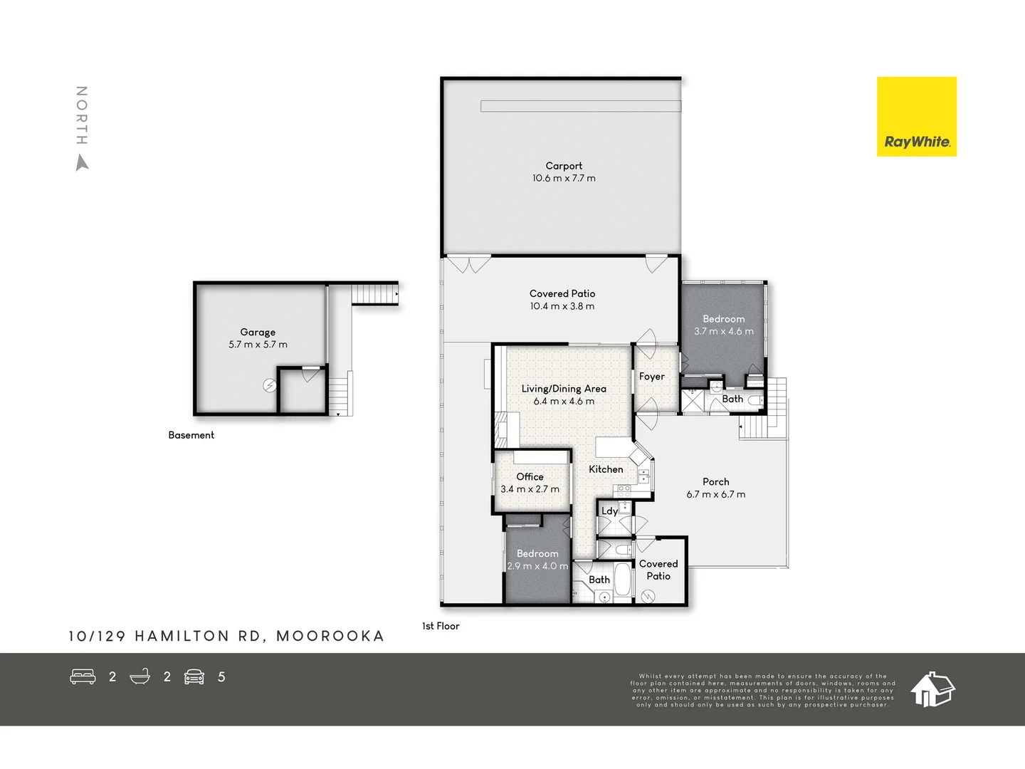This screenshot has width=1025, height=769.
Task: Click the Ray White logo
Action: (916, 116)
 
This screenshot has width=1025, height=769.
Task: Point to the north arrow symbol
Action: (82, 163)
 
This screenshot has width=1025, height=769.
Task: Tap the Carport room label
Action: (564, 166)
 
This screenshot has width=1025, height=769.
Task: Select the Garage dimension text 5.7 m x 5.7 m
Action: (258, 345)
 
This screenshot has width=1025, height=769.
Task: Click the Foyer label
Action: (651, 377)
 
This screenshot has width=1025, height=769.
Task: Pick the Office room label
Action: (530, 477)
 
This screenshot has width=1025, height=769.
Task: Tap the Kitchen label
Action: (606, 470)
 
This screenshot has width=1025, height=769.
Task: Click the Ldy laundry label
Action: (609, 511)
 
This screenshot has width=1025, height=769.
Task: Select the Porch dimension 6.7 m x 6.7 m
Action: (716, 494)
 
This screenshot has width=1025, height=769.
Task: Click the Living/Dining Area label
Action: (564, 389)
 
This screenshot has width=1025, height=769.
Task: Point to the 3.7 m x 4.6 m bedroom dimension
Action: (723, 332)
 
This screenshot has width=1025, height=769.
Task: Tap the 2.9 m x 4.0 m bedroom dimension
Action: (537, 566)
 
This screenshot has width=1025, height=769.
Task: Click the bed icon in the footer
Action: (83, 676)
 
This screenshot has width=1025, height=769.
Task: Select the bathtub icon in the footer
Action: (140, 676)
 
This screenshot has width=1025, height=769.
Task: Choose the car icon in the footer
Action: (194, 677)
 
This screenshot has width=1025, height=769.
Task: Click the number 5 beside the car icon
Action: (221, 677)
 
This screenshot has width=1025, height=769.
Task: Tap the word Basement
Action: (191, 435)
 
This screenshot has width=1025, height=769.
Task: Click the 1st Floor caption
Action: (441, 626)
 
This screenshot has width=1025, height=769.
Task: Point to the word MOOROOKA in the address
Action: (330, 637)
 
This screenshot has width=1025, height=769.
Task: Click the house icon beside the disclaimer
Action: (932, 689)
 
